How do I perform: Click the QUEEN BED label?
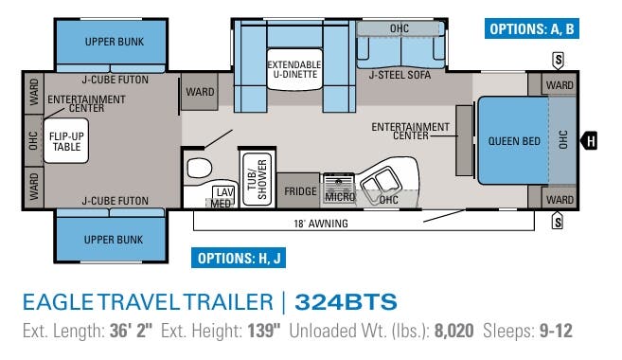pos(514,141)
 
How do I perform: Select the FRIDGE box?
pos(300,190)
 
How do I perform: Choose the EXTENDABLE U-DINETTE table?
pos(293,73)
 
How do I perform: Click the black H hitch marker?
pos(591,142)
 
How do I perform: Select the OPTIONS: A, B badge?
pos(532,29)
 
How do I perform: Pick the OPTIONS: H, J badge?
pos(239,258)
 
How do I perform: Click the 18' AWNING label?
pos(321,225)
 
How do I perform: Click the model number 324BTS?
pos(346,302)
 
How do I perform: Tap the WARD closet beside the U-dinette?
pos(200,92)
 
